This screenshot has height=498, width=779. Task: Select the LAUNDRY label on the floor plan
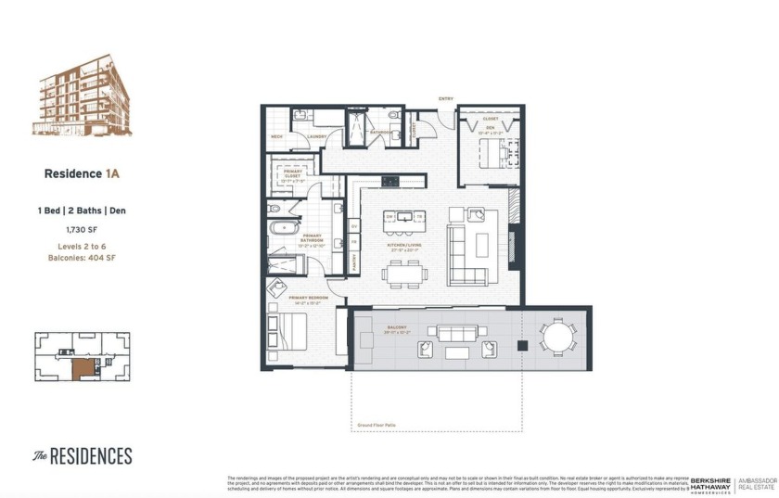(314, 136)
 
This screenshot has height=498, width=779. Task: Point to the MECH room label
(276, 136)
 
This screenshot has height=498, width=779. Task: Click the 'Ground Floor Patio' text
(377, 426)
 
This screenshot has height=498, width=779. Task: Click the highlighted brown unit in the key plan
(84, 367)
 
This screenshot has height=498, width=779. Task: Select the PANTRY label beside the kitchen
(354, 263)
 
